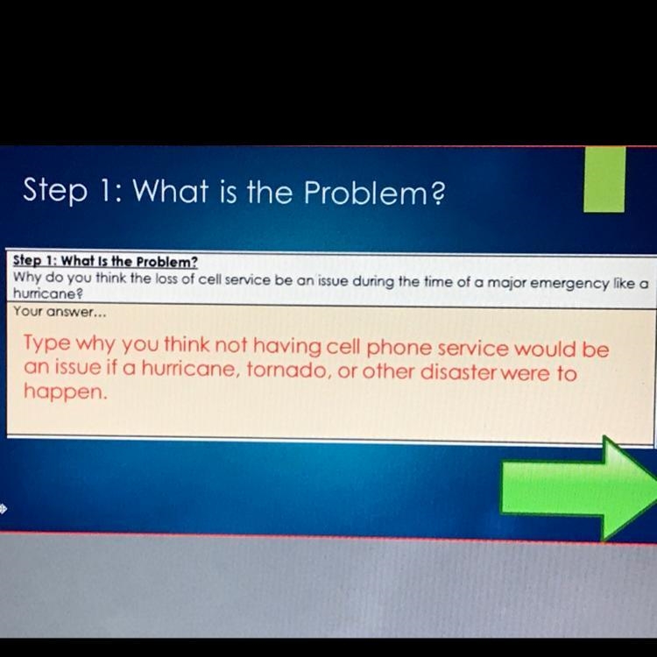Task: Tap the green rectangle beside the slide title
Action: (x=604, y=179)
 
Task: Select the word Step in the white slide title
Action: (x=55, y=190)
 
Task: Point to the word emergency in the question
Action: (x=569, y=284)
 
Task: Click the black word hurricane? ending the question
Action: (x=48, y=293)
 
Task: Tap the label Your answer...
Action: (x=60, y=312)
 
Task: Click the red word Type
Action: (x=47, y=343)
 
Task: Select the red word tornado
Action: (x=286, y=370)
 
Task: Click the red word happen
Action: (x=66, y=392)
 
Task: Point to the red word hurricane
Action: (x=188, y=368)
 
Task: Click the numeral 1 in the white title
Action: (x=104, y=191)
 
